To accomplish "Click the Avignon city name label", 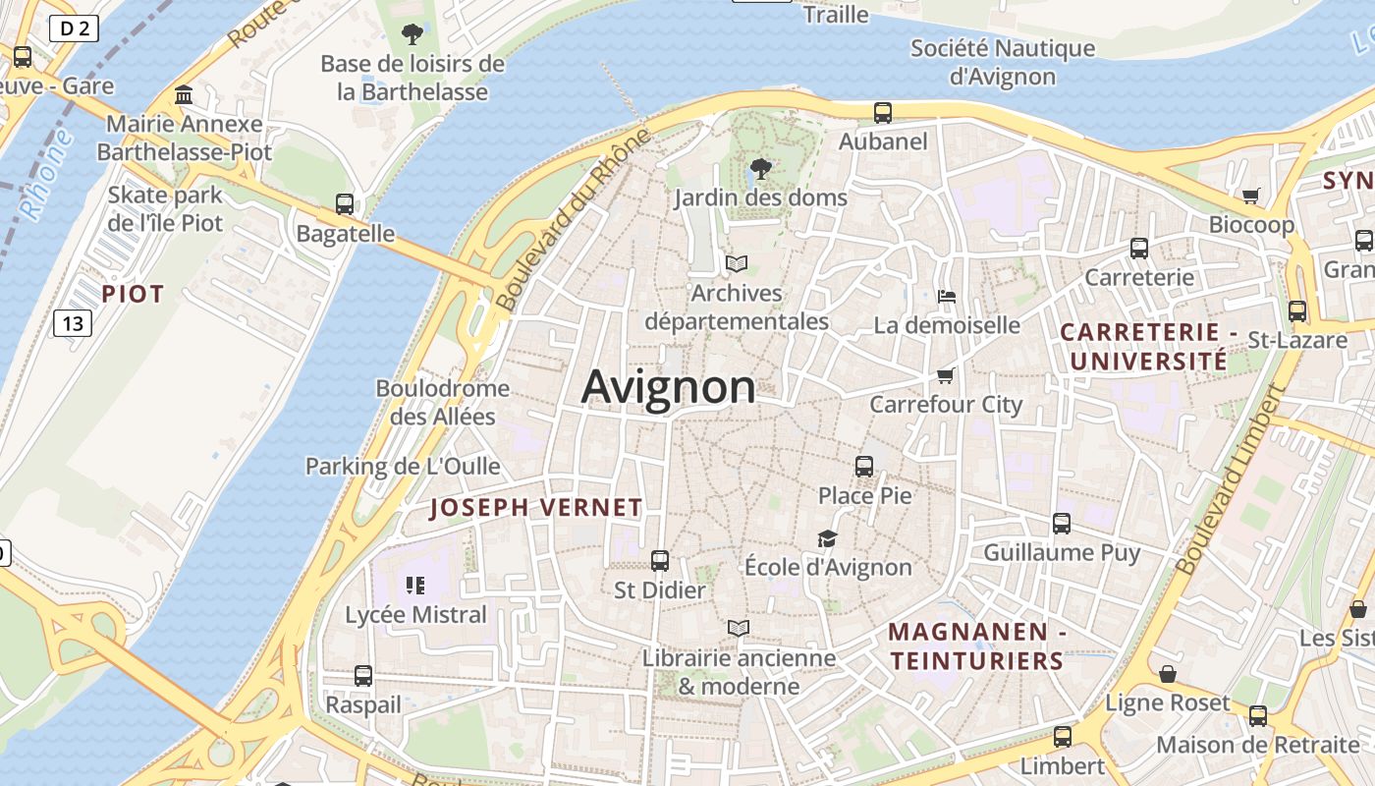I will click(669, 387).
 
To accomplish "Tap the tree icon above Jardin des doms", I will click(760, 169).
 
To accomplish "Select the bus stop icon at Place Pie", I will click(864, 467).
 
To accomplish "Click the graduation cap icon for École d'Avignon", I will click(827, 538).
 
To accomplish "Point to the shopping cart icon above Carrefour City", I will click(946, 375).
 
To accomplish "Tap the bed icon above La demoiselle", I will click(947, 296).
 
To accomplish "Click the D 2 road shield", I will click(75, 28).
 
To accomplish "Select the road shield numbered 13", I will click(73, 322).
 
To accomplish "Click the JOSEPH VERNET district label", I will click(536, 508).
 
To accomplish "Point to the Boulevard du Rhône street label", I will click(574, 220).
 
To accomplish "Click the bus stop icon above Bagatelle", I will click(345, 204).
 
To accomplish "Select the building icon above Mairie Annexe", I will click(184, 95).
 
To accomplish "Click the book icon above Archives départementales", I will click(737, 263).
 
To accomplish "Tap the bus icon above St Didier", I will click(660, 561).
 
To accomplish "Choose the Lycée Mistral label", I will click(415, 615).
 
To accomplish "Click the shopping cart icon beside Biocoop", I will click(1251, 196).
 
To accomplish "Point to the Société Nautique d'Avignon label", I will click(1002, 62).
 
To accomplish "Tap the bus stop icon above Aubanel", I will click(883, 113).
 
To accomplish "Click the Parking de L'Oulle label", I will click(403, 466).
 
